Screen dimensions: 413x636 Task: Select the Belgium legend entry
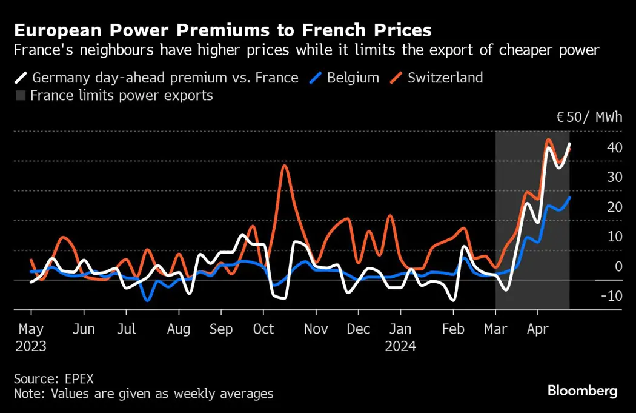(x=345, y=78)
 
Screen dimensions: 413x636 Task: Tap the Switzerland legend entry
(x=437, y=78)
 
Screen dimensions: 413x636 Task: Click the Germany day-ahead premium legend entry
(x=157, y=78)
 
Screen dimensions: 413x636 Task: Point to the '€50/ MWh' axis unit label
(x=589, y=117)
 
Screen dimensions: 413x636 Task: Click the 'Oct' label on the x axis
(x=263, y=329)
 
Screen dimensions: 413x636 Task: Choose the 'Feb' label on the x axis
(x=453, y=329)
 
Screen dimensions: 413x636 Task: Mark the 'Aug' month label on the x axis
(x=178, y=329)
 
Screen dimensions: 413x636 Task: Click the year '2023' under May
(x=30, y=346)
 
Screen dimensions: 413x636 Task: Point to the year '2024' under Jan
(x=400, y=346)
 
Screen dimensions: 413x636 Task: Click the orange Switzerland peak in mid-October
(x=284, y=166)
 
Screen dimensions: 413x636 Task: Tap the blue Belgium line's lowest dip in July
(x=147, y=300)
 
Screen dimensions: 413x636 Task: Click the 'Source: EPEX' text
(x=54, y=378)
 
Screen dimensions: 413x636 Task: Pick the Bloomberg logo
(x=582, y=391)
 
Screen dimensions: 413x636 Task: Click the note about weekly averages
(x=144, y=394)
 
